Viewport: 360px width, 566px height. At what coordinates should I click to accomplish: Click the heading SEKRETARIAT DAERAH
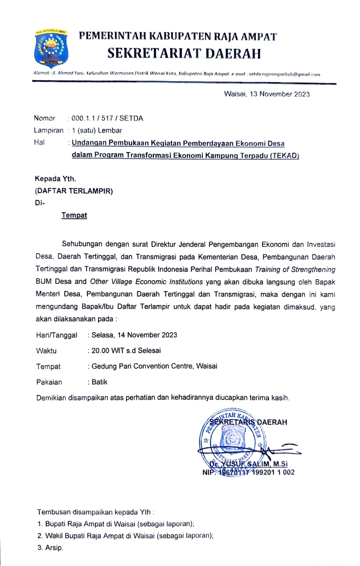(x=184, y=53)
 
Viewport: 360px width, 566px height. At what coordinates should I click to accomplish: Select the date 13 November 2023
(x=279, y=94)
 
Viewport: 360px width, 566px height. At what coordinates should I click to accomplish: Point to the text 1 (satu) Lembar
(x=97, y=131)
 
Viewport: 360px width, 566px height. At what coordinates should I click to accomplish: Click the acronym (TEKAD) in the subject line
(x=285, y=155)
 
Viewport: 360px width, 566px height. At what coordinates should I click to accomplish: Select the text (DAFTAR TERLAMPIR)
(x=74, y=191)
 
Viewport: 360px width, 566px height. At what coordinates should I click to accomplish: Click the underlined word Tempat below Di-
(x=74, y=215)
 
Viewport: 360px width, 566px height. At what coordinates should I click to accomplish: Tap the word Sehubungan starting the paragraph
(x=82, y=244)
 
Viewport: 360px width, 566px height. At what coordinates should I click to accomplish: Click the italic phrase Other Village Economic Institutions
(x=146, y=282)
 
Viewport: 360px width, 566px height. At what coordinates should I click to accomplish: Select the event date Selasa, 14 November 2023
(x=134, y=335)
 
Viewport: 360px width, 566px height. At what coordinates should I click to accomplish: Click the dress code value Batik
(x=99, y=382)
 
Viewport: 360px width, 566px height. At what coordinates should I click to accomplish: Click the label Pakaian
(x=49, y=382)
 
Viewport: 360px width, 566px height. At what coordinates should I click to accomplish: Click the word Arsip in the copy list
(x=54, y=548)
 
